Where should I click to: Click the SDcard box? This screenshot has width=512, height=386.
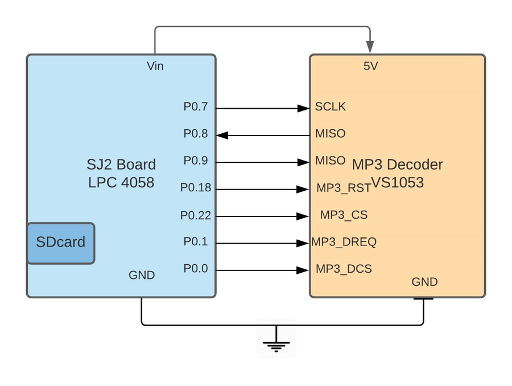(x=61, y=243)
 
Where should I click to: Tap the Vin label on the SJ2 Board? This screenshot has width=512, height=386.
(x=155, y=66)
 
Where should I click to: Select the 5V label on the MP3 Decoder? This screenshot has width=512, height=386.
(x=370, y=66)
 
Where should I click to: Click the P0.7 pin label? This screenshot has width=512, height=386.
(x=196, y=106)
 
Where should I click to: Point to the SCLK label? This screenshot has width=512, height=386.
(x=330, y=106)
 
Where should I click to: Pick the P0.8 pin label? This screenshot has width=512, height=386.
(x=196, y=133)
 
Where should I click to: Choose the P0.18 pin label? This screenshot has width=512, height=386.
(x=196, y=188)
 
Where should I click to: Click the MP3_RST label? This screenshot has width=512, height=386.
(x=344, y=188)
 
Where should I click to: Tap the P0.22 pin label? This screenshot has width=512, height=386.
(x=196, y=215)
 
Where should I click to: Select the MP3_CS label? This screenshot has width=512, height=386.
(x=344, y=215)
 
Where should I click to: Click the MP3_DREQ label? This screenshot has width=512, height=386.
(x=344, y=242)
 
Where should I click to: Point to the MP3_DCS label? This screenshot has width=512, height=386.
(x=344, y=269)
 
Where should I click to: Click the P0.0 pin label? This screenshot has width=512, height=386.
(x=196, y=268)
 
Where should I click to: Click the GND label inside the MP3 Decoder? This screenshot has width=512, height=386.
(x=424, y=282)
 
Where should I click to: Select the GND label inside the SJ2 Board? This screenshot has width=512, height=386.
(x=142, y=275)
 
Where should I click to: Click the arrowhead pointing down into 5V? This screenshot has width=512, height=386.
(x=370, y=47)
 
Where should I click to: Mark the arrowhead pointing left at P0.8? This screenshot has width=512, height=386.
(x=222, y=135)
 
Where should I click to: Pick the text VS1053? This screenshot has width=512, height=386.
(x=398, y=182)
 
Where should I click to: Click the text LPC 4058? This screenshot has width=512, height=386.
(x=121, y=182)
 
